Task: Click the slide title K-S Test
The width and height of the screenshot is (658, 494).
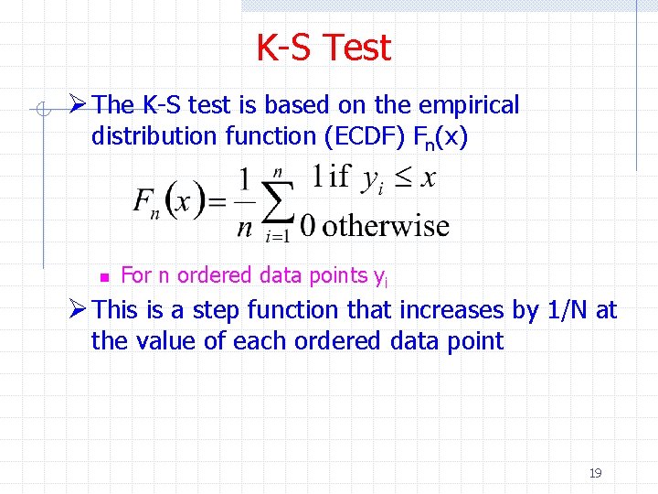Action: pyautogui.click(x=324, y=48)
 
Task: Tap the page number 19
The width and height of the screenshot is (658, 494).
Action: pyautogui.click(x=595, y=473)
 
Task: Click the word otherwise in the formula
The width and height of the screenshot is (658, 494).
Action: pyautogui.click(x=387, y=226)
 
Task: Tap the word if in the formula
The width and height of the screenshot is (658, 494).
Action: pyautogui.click(x=340, y=176)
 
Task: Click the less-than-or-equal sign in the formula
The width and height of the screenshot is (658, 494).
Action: pyautogui.click(x=400, y=177)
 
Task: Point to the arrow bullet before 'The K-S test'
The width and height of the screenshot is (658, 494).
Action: pyautogui.click(x=79, y=105)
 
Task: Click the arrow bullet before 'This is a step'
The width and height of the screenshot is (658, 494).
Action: pyautogui.click(x=79, y=310)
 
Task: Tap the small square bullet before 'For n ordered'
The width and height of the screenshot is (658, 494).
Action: pyautogui.click(x=104, y=276)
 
